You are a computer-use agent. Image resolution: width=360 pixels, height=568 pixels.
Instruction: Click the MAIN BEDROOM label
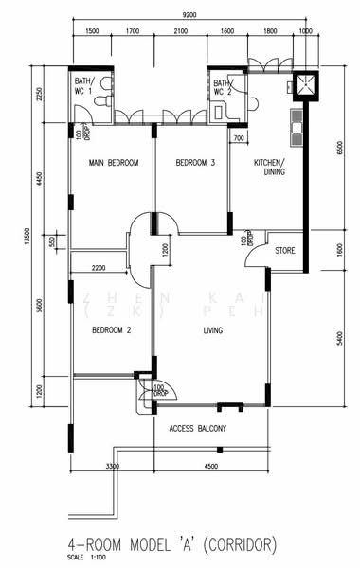tap(113, 163)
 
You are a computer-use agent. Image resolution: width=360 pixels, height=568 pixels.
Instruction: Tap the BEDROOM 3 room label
tap(195, 163)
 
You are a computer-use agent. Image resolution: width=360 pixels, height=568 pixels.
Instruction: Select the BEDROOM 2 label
tap(111, 330)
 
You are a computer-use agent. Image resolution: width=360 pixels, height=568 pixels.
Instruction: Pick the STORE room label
tap(285, 251)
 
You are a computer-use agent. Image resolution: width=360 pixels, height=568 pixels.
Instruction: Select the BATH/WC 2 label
tap(222, 88)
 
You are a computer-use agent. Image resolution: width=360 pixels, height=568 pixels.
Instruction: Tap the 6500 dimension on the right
tap(338, 148)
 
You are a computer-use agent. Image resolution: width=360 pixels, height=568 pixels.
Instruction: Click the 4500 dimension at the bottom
tap(210, 466)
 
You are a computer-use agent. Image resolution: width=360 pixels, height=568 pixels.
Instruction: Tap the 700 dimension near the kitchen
tap(239, 139)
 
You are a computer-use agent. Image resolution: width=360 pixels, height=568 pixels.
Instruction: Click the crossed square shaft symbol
tap(307, 87)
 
